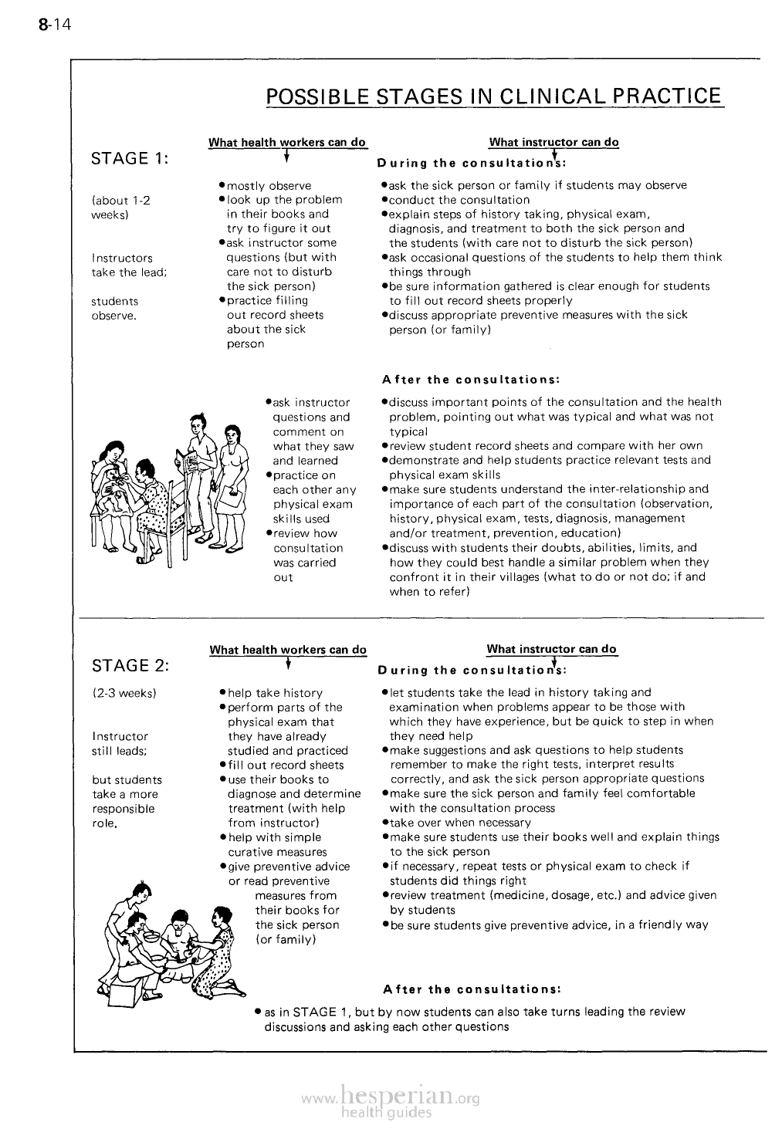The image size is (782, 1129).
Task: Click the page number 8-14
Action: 54,25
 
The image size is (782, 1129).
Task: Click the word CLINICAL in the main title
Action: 555,96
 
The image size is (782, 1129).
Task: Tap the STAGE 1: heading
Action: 130,159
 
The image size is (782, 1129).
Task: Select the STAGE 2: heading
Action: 130,666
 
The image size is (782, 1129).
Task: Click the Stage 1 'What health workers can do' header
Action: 287,142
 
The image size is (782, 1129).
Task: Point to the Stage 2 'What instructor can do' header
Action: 552,649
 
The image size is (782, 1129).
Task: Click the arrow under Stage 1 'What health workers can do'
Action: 286,157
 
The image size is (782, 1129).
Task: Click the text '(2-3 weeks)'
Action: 124,693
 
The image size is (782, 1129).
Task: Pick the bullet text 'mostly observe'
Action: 269,186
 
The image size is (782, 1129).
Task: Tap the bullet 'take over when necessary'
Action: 455,823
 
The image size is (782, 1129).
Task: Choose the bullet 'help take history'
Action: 275,693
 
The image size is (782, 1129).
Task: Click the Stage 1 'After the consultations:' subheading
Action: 471,380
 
